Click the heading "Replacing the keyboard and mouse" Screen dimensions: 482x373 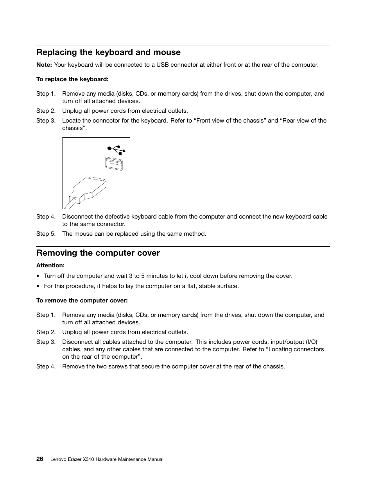coord(108,52)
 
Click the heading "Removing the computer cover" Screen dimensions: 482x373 coord(98,253)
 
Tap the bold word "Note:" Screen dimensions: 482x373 coord(44,65)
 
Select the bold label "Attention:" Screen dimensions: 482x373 coord(50,265)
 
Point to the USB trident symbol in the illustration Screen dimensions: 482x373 coord(116,150)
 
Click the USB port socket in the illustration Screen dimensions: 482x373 coord(114,164)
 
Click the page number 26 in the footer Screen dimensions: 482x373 coord(40,459)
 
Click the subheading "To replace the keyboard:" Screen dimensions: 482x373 coord(72,79)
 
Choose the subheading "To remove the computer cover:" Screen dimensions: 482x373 coord(82,301)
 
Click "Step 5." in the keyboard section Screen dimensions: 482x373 coord(46,234)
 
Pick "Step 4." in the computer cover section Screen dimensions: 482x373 coord(46,366)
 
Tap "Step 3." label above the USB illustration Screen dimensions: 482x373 coord(46,121)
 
